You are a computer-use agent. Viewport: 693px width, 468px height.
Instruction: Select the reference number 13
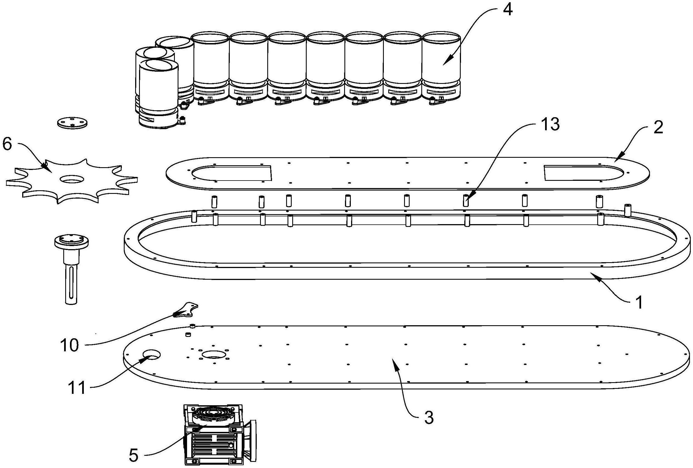[550, 125]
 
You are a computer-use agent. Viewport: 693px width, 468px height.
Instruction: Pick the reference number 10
[69, 346]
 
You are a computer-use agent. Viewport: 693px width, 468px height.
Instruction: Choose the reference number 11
[77, 389]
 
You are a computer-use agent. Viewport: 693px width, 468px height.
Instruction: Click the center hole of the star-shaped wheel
[72, 179]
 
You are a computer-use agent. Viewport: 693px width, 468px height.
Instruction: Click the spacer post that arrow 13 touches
[466, 201]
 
